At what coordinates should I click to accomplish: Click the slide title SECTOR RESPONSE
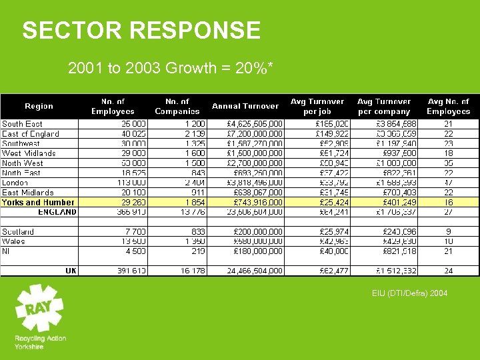point(141,31)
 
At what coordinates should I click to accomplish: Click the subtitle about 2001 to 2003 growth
point(171,68)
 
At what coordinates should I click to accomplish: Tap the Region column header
point(39,106)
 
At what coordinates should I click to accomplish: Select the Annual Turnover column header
point(245,106)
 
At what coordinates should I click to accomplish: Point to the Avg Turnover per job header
point(317,106)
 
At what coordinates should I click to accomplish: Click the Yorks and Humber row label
point(38,202)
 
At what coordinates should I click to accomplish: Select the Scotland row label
point(18,231)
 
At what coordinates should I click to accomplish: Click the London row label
point(15,183)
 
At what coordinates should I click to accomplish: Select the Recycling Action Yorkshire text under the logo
point(40,343)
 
